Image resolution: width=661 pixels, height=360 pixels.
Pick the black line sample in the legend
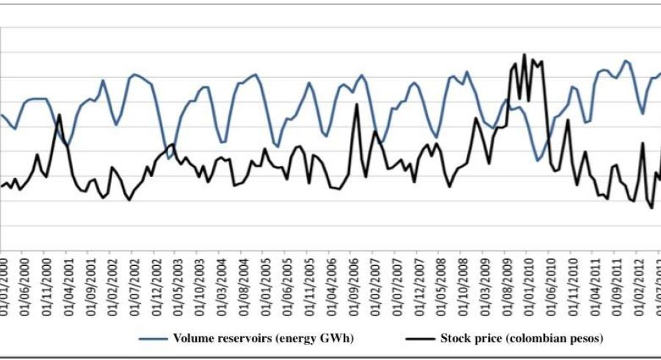pos(421,339)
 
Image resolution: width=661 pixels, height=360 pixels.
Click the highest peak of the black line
pos(524,54)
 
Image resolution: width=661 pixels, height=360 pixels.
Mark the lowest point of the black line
pos(651,208)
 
